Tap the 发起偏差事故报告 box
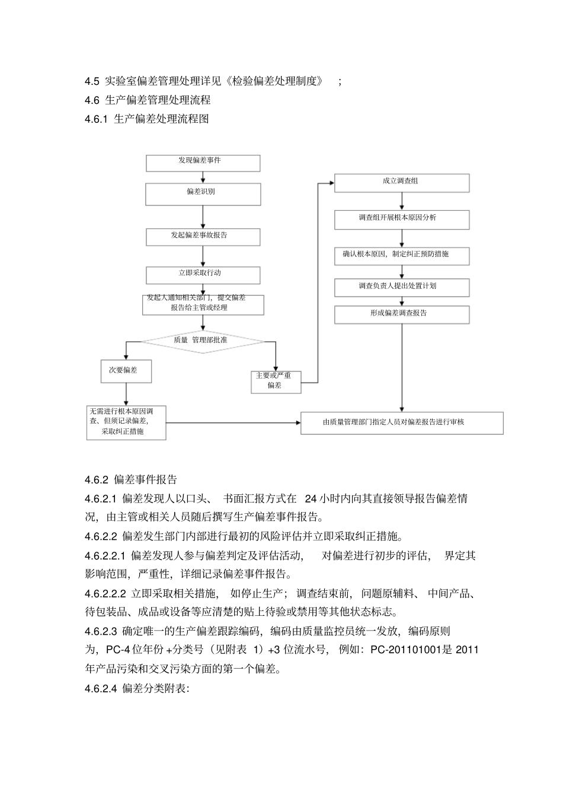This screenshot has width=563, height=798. pos(203,237)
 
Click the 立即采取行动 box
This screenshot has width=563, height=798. pos(203,275)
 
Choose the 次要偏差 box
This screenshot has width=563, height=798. pos(126,371)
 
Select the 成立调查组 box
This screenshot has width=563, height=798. pos(401,183)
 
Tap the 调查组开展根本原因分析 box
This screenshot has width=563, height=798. pos(401,219)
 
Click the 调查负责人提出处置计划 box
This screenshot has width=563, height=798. pos(401,287)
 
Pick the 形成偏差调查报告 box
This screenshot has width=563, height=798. pos(401,314)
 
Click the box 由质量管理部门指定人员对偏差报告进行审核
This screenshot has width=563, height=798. pos(401,422)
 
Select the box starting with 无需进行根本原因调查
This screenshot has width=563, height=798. pos(126,422)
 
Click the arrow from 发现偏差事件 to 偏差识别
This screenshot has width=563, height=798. pos(203,177)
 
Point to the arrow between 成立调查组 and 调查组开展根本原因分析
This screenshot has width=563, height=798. pos(402,201)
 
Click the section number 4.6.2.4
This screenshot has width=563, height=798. pos(101,689)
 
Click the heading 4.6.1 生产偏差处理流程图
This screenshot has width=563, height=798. pos(147,119)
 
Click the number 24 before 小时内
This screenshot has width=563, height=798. pos(311,499)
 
